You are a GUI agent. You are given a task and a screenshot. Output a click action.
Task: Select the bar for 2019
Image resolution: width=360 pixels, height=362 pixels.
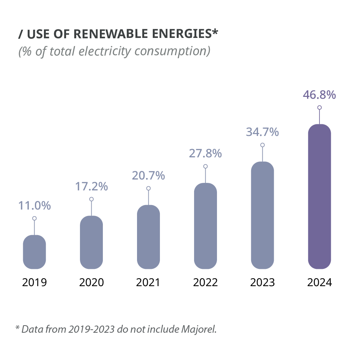coord(35,252)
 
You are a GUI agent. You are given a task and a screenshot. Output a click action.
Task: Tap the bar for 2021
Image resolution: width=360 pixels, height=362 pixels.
coord(148,237)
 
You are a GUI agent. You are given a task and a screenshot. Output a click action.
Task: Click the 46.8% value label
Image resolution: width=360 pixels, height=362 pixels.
coord(319,95)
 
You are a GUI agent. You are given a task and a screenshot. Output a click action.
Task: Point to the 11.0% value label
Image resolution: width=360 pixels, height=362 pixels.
coord(35,206)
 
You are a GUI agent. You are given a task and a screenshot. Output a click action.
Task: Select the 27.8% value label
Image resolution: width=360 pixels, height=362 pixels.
coord(205,154)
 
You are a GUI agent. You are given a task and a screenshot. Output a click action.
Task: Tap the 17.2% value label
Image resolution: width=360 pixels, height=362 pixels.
coord(92,186)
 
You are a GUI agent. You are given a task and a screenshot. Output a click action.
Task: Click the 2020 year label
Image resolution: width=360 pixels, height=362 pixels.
coord(92,282)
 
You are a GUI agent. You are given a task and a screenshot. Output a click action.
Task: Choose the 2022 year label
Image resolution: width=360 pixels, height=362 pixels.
coord(205,282)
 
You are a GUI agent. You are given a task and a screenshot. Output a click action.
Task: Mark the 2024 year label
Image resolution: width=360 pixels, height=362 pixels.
coord(319,282)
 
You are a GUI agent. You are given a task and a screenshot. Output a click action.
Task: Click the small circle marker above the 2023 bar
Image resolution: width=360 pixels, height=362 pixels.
coord(262,145)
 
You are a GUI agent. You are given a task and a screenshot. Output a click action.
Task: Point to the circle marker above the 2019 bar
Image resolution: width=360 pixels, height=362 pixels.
coord(35,218)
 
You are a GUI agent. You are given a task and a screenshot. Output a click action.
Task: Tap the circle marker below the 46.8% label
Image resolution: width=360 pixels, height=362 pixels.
coord(319,107)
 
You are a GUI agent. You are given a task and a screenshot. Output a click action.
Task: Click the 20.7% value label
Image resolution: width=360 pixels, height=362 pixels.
coord(148,175)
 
